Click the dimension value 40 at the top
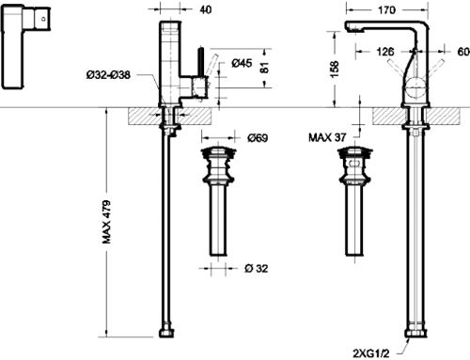205,9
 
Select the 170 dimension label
386,10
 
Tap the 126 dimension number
384,52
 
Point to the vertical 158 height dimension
335,70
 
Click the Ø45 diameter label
242,63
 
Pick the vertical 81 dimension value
265,68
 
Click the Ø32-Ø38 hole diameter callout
108,75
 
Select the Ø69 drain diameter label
258,138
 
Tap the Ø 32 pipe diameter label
257,269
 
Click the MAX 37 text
327,137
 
